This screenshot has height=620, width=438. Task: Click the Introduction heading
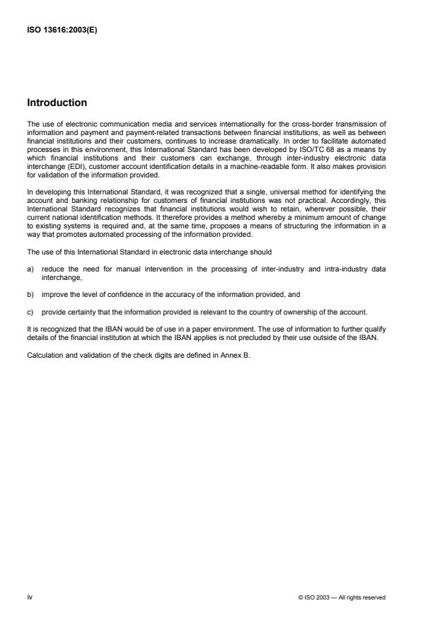pos(57,103)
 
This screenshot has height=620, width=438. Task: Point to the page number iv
pos(30,597)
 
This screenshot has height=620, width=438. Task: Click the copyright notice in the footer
pos(342,597)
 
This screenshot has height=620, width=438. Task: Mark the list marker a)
pos(32,249)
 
